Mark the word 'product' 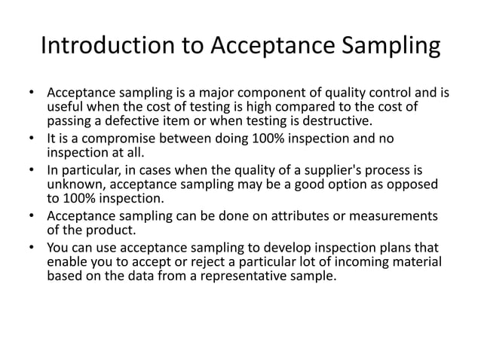point(109,230)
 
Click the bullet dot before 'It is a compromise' point(32,139)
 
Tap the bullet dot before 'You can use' point(32,248)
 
